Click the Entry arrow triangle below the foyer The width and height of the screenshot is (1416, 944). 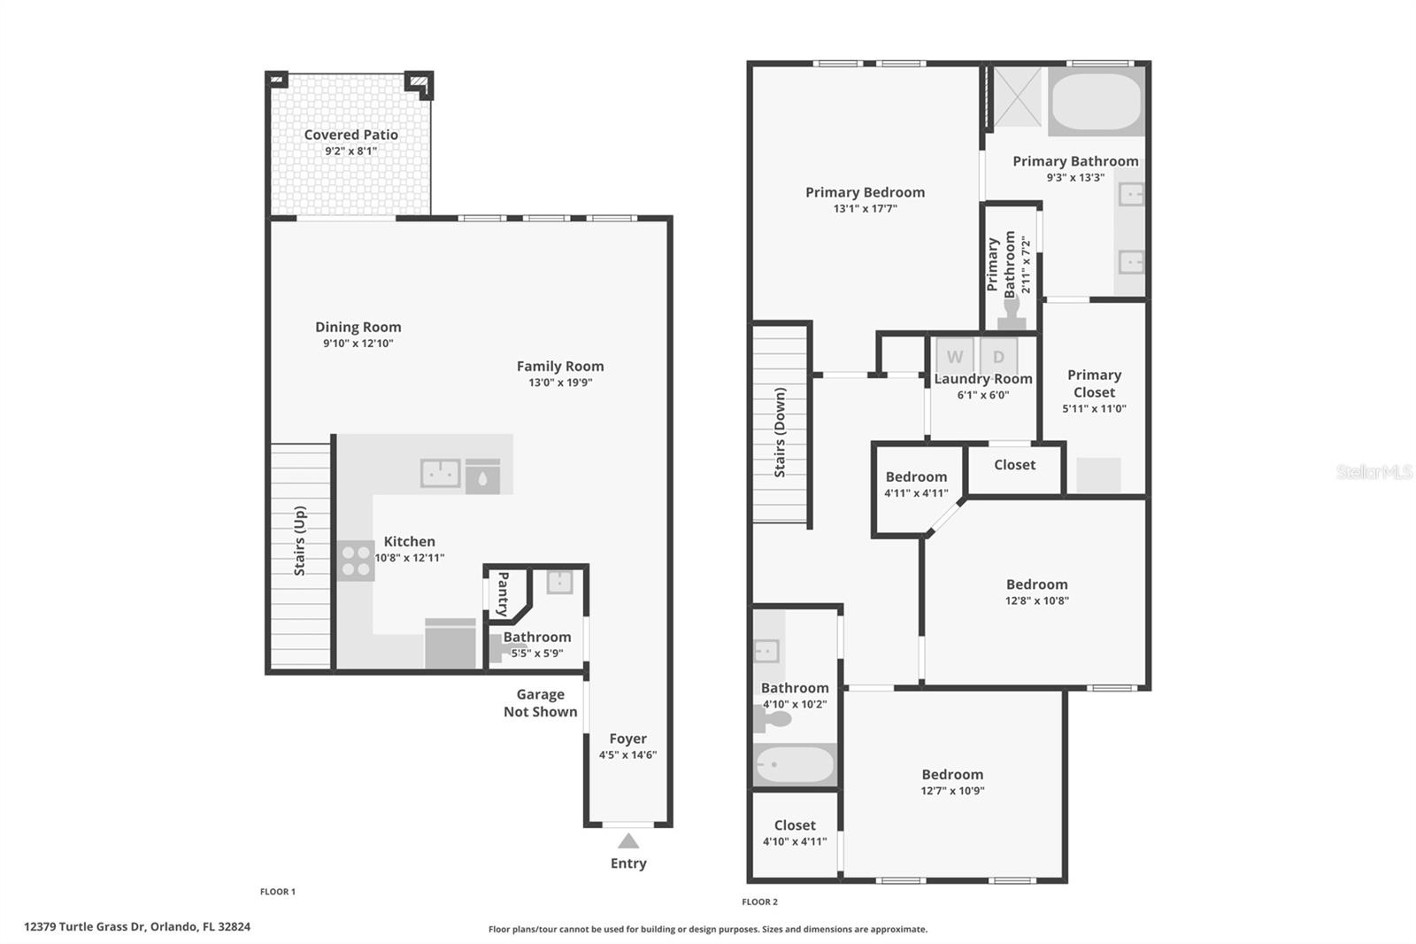click(627, 840)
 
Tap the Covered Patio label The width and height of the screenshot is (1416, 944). click(350, 135)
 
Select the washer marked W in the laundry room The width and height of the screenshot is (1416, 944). click(954, 357)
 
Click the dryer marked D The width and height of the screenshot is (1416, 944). click(998, 357)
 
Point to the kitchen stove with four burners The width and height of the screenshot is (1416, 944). click(356, 561)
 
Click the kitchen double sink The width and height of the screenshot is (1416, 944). click(440, 474)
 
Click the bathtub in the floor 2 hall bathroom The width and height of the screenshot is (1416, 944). click(794, 764)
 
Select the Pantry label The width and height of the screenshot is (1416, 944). click(503, 593)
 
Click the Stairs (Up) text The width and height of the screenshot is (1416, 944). click(300, 540)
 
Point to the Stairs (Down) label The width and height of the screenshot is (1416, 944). click(780, 432)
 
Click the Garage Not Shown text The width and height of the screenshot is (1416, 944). click(540, 703)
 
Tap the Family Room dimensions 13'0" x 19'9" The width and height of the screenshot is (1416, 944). click(560, 383)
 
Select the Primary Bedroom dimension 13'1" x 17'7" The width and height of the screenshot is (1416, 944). click(865, 209)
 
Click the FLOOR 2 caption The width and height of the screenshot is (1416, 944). click(759, 901)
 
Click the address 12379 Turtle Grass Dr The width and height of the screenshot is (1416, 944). click(137, 926)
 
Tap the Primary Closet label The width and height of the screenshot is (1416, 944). click(1094, 383)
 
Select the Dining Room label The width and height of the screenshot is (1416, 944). click(358, 327)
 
